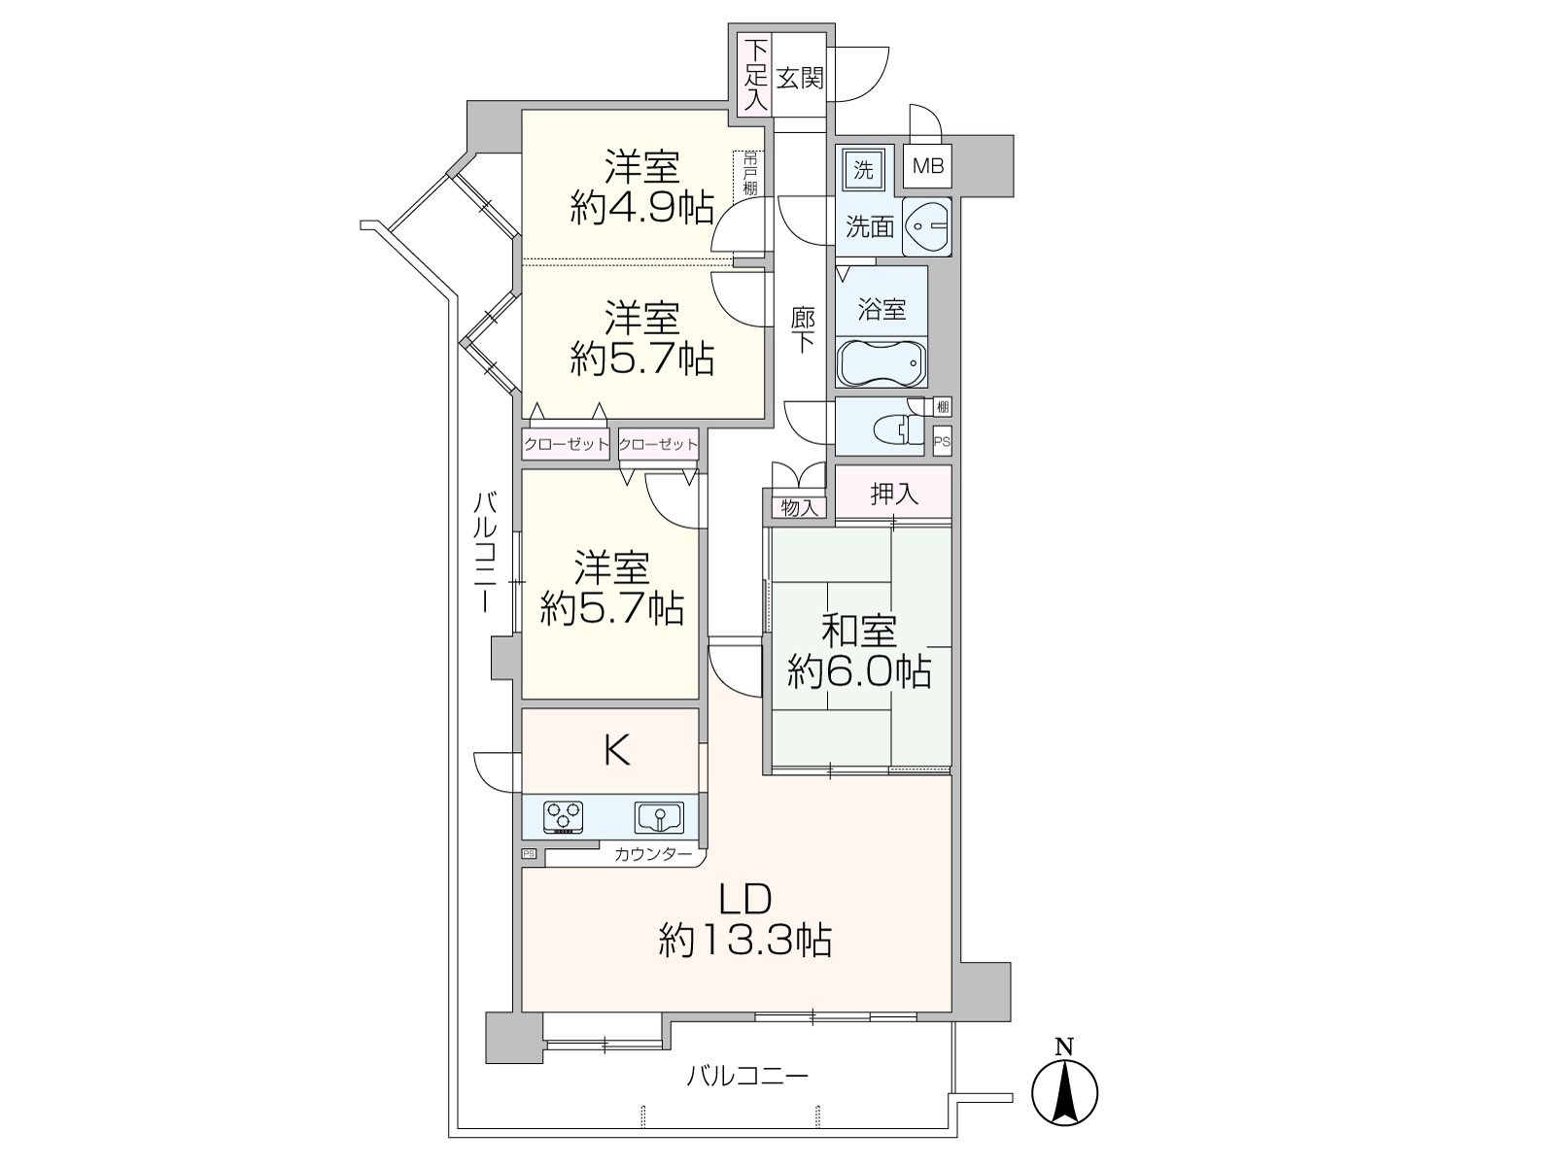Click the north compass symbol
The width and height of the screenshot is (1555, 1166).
1064,1091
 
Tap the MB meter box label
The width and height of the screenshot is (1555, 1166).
927,166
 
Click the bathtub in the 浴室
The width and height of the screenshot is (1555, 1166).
881,362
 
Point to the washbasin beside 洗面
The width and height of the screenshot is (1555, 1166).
926,226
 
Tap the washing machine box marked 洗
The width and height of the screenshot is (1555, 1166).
863,170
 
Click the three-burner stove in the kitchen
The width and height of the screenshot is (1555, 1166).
563,818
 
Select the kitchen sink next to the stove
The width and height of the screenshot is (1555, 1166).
659,818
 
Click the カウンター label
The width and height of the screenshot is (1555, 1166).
652,854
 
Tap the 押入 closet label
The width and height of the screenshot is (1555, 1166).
894,494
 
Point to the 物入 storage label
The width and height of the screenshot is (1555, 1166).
799,507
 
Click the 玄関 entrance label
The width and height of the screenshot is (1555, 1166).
800,78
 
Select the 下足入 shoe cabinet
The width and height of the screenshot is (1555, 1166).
755,75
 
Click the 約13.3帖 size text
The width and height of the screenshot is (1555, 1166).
744,942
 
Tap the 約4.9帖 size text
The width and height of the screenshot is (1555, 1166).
641,207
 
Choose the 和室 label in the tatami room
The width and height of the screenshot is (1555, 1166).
859,632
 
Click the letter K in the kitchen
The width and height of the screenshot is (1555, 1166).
617,750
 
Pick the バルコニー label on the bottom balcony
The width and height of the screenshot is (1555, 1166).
746,1077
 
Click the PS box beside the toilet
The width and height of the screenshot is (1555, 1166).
942,441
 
